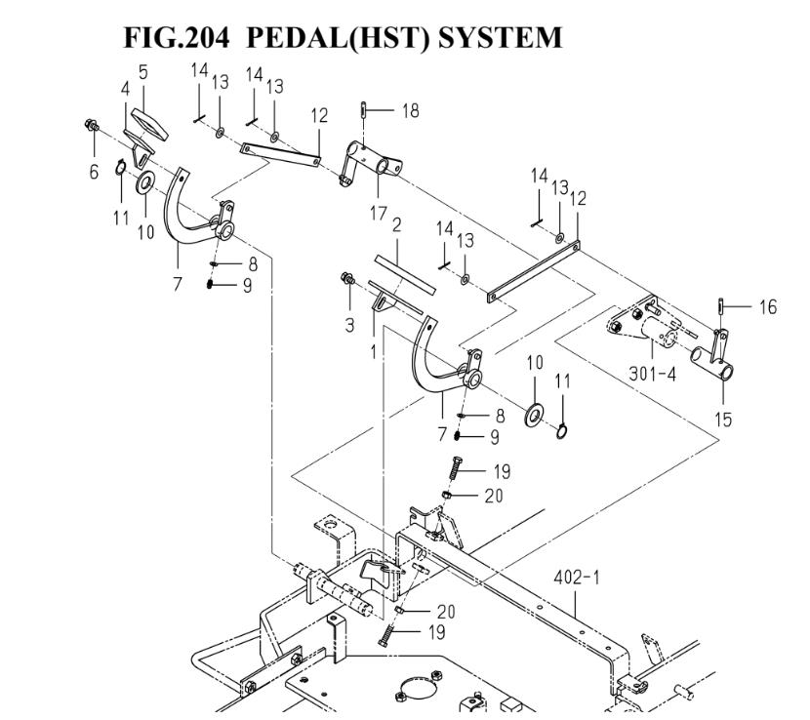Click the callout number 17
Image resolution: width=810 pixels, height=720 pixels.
click(x=378, y=213)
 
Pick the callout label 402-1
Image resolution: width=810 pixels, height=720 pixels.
click(x=580, y=579)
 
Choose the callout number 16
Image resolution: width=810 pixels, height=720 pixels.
click(x=768, y=308)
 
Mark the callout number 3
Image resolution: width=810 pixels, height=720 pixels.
click(x=349, y=325)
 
